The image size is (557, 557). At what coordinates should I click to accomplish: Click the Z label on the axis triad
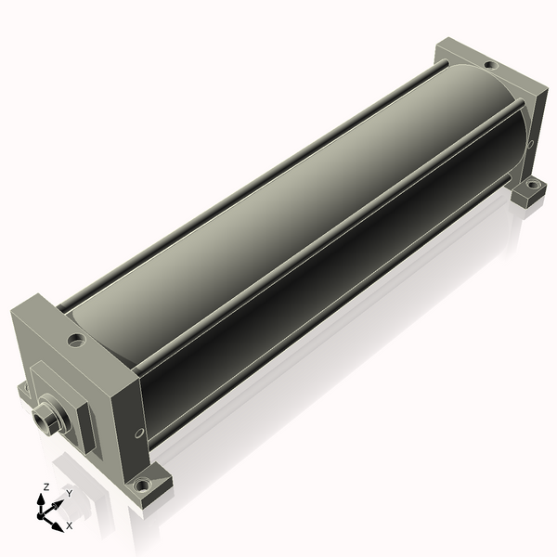[x=45, y=486]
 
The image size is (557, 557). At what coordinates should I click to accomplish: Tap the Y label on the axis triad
[x=70, y=494]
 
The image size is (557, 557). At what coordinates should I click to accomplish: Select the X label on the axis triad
[x=70, y=525]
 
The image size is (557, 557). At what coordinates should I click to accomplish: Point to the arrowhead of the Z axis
[x=41, y=500]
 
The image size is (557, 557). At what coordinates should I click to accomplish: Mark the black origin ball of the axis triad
[x=41, y=515]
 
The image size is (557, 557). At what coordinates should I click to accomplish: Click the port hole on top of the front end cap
[x=77, y=340]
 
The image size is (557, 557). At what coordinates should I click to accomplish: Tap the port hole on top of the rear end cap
[x=490, y=65]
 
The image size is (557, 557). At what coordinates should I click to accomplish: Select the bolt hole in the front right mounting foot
[x=142, y=484]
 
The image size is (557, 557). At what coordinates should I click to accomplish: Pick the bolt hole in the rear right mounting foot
[x=532, y=184]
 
